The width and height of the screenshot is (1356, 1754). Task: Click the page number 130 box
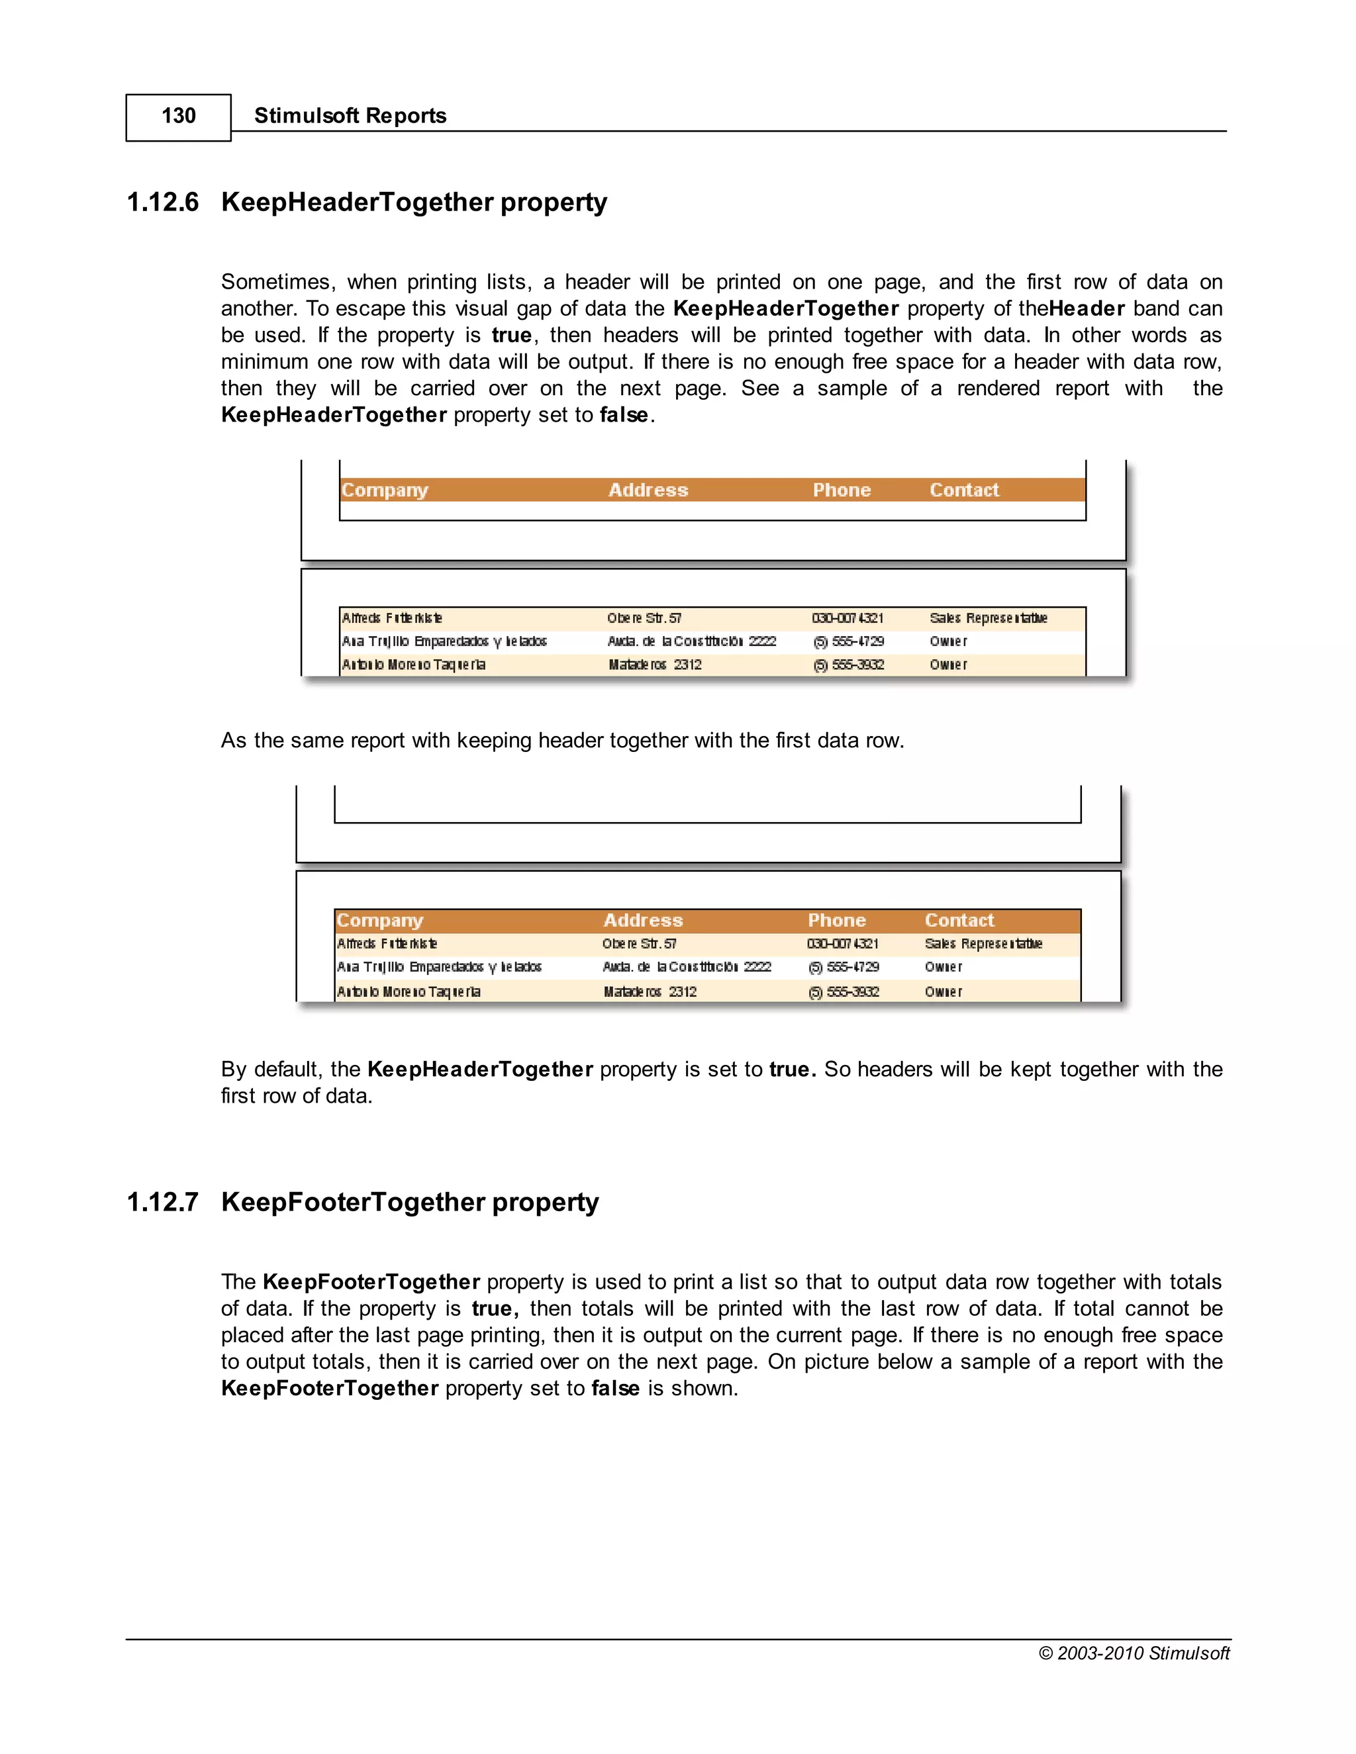pyautogui.click(x=178, y=116)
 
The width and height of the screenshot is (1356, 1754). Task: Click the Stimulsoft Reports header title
pyautogui.click(x=350, y=116)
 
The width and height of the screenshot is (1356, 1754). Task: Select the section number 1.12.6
pyautogui.click(x=163, y=202)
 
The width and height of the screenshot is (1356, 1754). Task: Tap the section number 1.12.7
pyautogui.click(x=163, y=1202)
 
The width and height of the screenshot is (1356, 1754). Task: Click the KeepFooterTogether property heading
pyautogui.click(x=410, y=1202)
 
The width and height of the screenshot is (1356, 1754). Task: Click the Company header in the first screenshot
pyautogui.click(x=385, y=490)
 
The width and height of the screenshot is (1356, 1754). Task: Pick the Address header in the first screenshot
pyautogui.click(x=648, y=490)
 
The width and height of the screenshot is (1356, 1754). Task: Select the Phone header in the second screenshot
pyautogui.click(x=836, y=921)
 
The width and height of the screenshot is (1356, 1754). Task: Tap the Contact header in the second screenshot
pyautogui.click(x=959, y=921)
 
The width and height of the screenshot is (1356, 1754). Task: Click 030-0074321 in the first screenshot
pyautogui.click(x=847, y=618)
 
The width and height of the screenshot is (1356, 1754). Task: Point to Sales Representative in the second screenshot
pyautogui.click(x=983, y=944)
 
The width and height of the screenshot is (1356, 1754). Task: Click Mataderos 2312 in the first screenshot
pyautogui.click(x=655, y=665)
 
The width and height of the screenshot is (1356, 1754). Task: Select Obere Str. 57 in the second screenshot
pyautogui.click(x=640, y=944)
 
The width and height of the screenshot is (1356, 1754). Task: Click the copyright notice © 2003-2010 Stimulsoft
pyautogui.click(x=1134, y=1653)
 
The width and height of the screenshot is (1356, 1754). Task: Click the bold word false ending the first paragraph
pyautogui.click(x=623, y=415)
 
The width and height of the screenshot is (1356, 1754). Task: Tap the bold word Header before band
pyautogui.click(x=1086, y=309)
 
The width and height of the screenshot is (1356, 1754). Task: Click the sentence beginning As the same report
pyautogui.click(x=562, y=741)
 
